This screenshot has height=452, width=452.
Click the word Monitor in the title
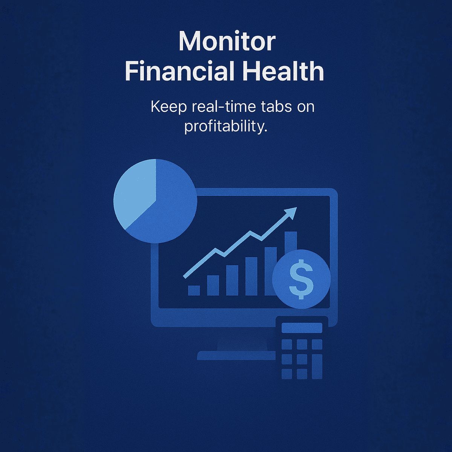pos(227,41)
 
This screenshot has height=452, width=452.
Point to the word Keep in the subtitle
pos(168,107)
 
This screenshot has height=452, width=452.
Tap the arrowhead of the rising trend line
pos(291,213)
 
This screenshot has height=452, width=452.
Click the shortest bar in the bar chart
pos(194,290)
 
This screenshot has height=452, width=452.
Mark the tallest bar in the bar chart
pos(290,241)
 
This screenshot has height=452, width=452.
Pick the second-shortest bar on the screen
pos(213,285)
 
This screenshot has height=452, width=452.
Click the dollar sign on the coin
pos(301,279)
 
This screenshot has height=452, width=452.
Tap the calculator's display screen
pos(302,328)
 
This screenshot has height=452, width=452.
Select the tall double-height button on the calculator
pos(317,366)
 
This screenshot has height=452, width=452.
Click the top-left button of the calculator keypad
pos(287,344)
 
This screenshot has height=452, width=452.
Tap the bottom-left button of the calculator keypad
pos(287,374)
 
